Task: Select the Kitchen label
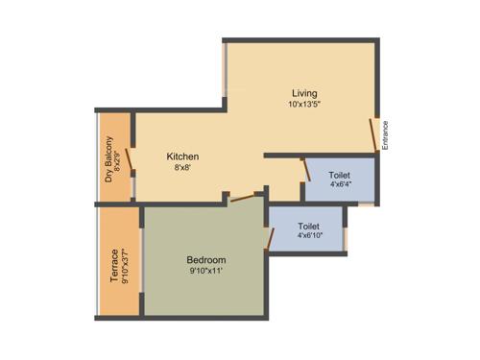click(182, 156)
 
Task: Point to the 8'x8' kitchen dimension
click(182, 167)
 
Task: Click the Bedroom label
click(205, 260)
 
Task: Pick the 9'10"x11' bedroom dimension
click(205, 272)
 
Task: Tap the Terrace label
click(114, 266)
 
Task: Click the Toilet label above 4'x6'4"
click(339, 176)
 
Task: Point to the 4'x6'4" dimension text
click(339, 186)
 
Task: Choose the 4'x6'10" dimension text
click(309, 235)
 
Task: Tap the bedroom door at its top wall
click(245, 199)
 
